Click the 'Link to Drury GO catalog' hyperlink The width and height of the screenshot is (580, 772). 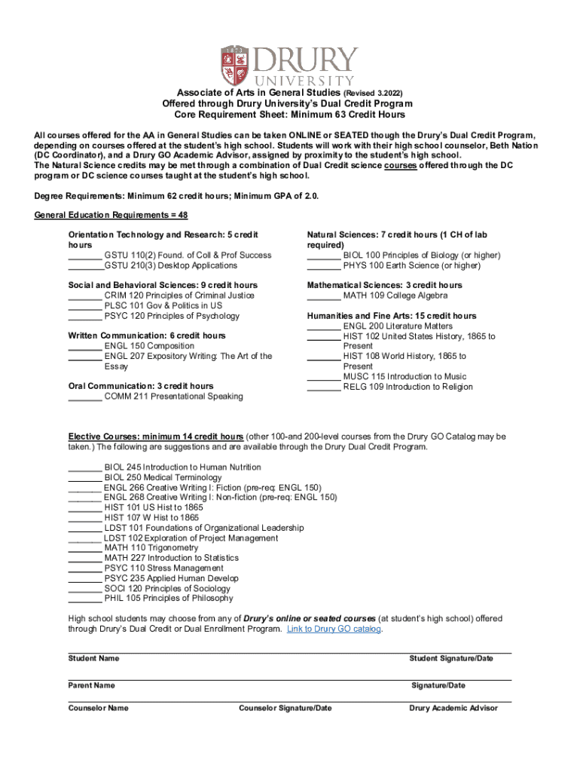[334, 629]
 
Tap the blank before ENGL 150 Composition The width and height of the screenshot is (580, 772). [84, 346]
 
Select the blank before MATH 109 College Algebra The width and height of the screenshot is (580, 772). [323, 296]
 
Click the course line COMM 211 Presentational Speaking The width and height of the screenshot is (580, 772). [173, 397]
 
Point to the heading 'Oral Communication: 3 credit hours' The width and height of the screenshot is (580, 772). [141, 386]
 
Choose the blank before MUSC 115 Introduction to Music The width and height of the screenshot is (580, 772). [323, 376]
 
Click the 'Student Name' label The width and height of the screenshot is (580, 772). [93, 659]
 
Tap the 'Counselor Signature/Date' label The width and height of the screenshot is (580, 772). [285, 709]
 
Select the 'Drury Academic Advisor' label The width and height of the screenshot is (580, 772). [453, 709]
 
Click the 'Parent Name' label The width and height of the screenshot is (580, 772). [91, 686]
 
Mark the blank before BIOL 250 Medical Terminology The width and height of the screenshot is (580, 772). [84, 478]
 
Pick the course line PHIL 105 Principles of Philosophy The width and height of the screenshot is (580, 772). [169, 599]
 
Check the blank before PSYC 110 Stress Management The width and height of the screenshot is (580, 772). [84, 568]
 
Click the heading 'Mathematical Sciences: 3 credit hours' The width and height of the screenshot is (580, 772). [384, 286]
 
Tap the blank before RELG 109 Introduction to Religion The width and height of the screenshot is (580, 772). [323, 387]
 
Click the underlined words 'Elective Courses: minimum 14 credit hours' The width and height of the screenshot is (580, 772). [156, 437]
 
